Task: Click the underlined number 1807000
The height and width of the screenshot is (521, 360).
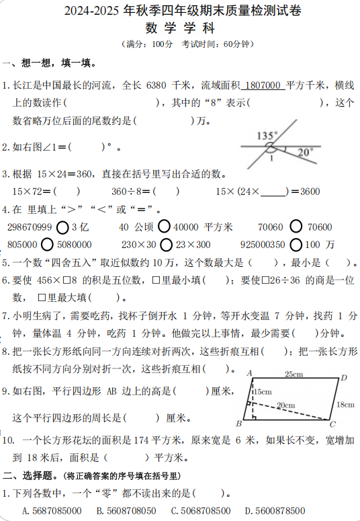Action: tap(263, 85)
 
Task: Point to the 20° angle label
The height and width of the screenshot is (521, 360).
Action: tap(306, 152)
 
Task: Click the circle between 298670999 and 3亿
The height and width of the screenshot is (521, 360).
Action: tap(62, 227)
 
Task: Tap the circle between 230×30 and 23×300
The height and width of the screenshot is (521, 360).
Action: tap(166, 244)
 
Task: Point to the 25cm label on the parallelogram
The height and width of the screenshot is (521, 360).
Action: tap(292, 374)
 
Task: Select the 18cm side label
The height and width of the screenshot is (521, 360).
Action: tap(345, 404)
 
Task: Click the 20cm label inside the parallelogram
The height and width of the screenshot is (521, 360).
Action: tap(285, 405)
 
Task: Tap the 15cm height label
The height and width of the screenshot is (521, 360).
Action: tap(261, 392)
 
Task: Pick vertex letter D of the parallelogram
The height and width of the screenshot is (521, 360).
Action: tap(343, 378)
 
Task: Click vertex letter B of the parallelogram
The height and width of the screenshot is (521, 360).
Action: tap(238, 424)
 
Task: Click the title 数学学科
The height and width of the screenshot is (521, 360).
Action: tap(179, 28)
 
